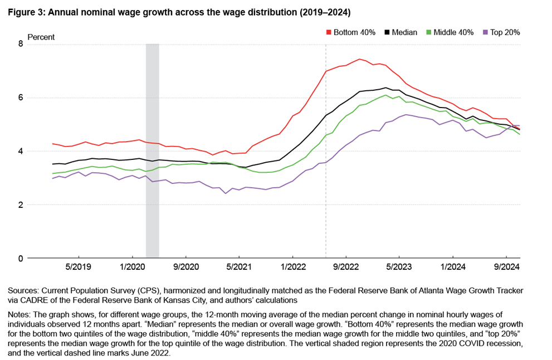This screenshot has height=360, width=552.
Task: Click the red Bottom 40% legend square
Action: [328, 32]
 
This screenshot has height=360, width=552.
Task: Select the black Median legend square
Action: [388, 32]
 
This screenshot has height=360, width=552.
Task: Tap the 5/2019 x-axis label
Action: [78, 267]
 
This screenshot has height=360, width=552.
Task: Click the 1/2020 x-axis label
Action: [132, 267]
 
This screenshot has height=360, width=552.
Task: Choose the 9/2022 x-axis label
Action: [346, 267]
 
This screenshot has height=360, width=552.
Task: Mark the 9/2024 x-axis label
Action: [506, 267]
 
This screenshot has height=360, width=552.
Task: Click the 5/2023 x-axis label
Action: [399, 267]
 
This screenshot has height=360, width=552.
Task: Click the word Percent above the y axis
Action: [41, 37]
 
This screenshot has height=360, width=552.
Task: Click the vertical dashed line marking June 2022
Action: [326, 167]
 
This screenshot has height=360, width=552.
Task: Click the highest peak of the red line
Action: [360, 59]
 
